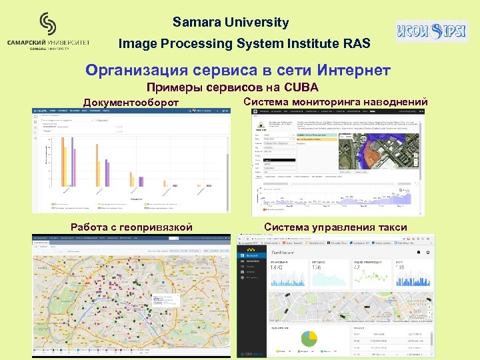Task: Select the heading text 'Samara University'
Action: (231, 22)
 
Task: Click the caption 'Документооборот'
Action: (131, 102)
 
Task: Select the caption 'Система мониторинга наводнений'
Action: (335, 101)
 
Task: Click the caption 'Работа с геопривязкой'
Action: (131, 227)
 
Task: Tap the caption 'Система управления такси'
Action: (335, 227)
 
